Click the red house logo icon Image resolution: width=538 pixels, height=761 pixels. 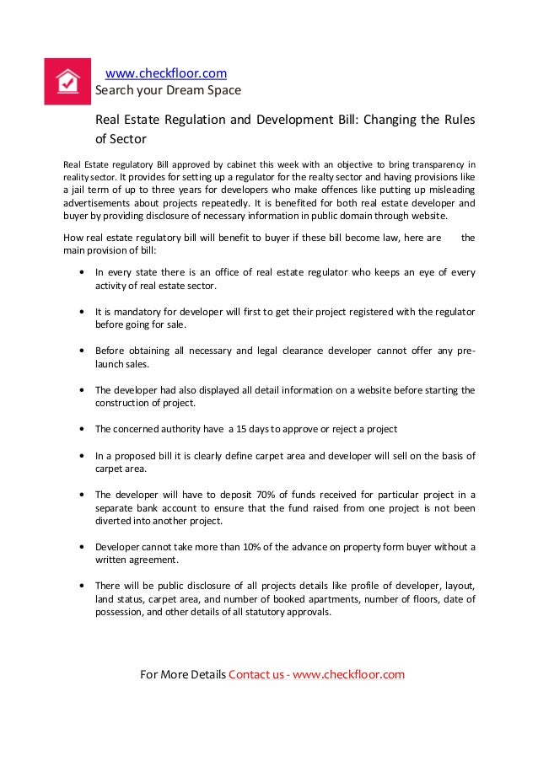tap(67, 81)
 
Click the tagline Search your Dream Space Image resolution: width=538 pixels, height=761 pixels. tap(167, 90)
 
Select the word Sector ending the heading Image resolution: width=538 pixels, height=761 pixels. tap(121, 138)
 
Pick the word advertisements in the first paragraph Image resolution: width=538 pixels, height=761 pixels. tap(95, 204)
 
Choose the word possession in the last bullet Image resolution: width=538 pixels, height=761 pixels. tap(119, 614)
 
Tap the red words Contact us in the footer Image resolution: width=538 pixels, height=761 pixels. tap(256, 674)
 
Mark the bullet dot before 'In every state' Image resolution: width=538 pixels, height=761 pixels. tap(81, 273)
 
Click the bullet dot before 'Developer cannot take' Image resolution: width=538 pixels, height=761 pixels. tap(81, 547)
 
